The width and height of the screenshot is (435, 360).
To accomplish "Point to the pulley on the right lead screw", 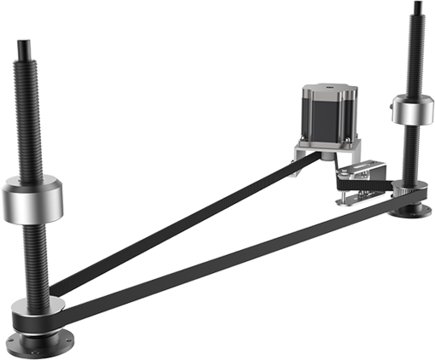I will point(413,192).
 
